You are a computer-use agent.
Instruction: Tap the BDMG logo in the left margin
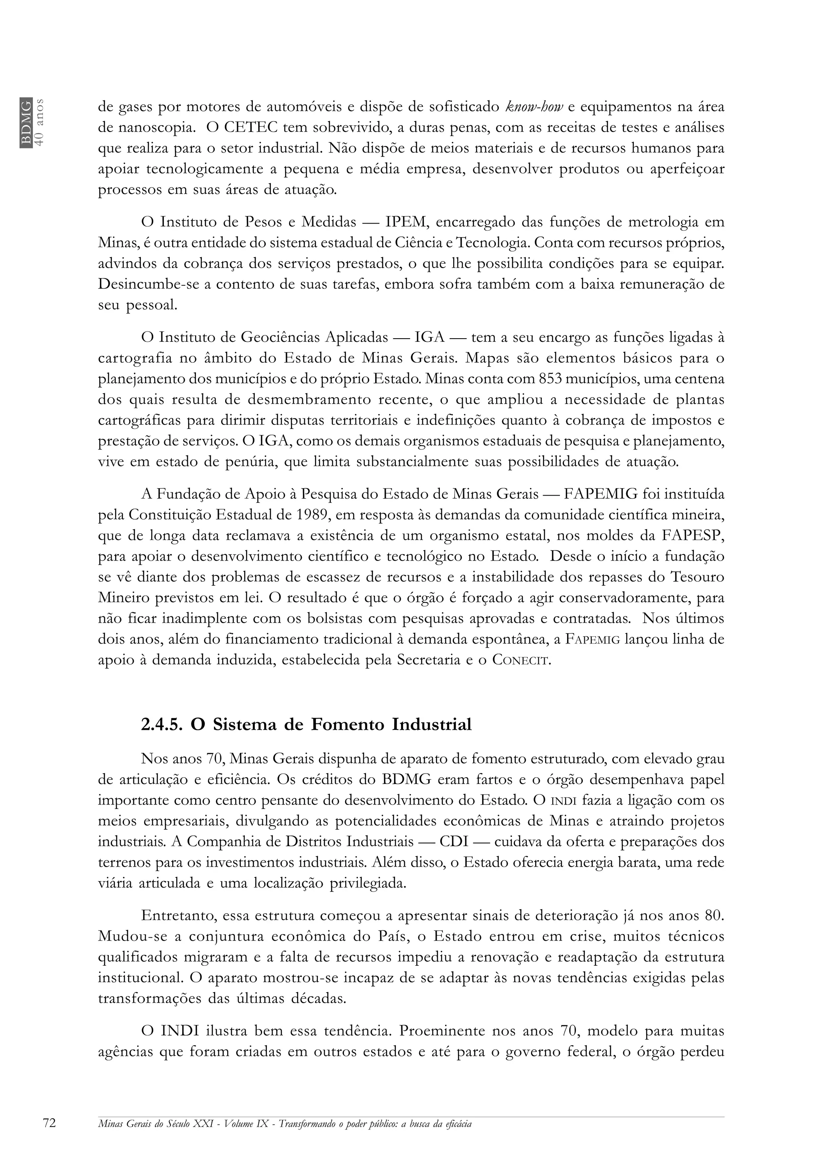(26, 122)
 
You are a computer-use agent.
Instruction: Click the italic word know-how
(533, 108)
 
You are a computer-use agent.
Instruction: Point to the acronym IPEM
(403, 222)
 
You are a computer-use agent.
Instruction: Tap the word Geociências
(280, 337)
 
